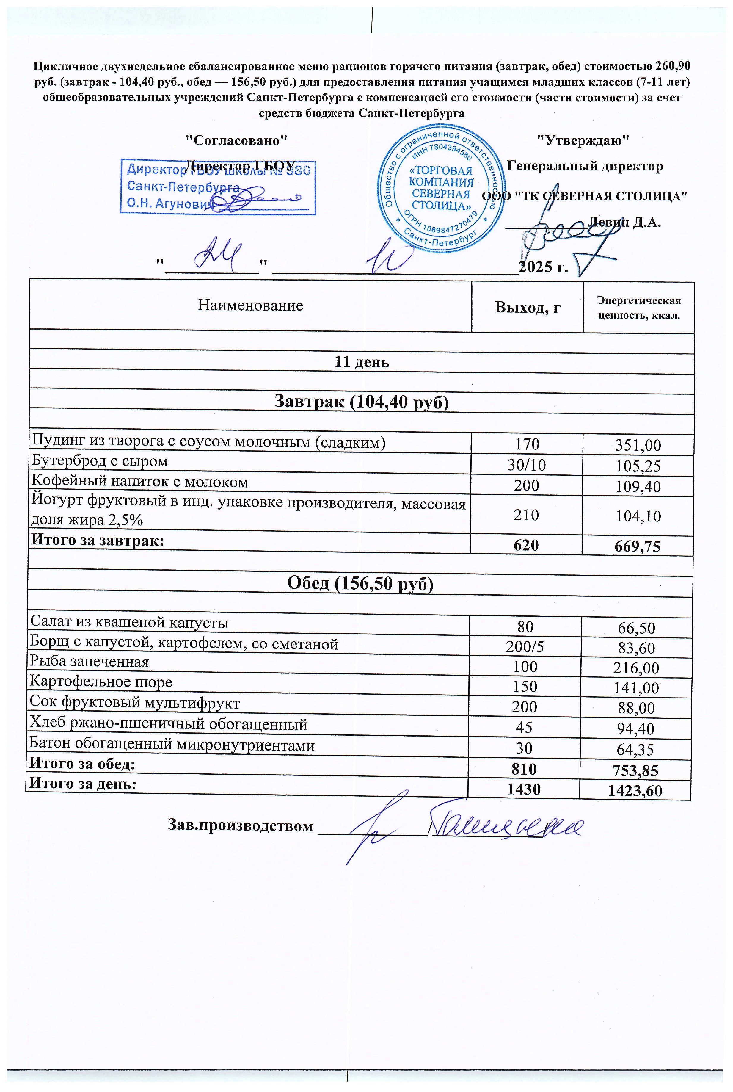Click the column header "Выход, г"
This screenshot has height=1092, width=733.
(x=527, y=307)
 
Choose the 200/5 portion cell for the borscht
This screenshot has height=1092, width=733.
(x=525, y=646)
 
